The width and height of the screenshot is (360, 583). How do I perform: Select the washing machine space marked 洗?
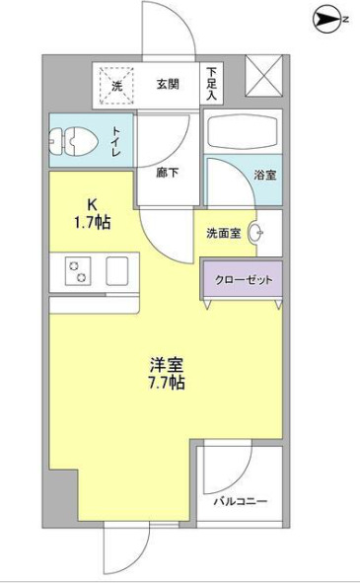pos(116,85)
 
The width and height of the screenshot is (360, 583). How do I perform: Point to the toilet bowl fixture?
pos(75,142)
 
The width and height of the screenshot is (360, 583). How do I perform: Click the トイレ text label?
pos(116,142)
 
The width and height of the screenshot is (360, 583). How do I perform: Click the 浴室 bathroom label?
pos(264,175)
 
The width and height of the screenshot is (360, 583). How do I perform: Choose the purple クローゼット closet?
pos(243,277)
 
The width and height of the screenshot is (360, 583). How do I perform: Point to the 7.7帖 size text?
pos(165,382)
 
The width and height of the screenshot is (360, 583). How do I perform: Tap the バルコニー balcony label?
pos(240,502)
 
